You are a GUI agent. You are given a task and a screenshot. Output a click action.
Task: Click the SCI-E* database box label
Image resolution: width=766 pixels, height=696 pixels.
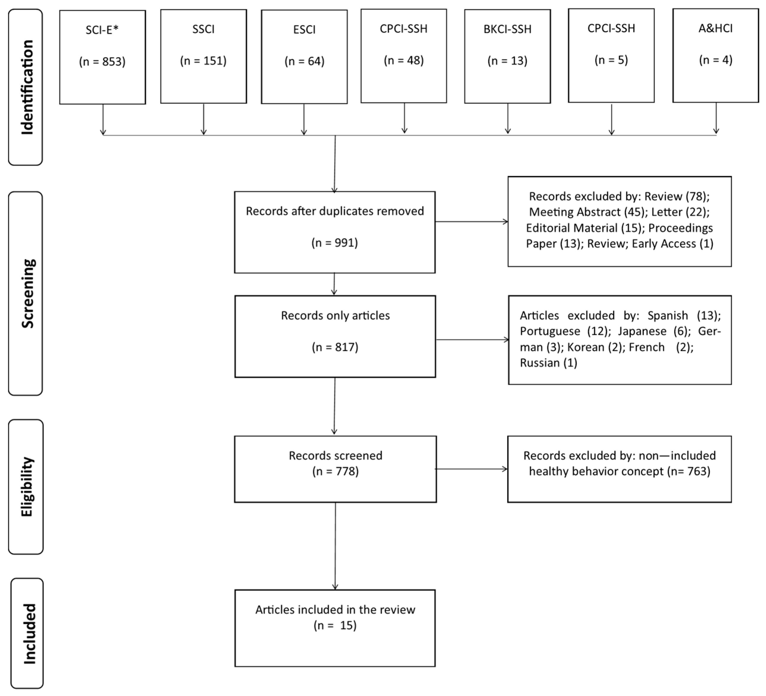tap(102, 30)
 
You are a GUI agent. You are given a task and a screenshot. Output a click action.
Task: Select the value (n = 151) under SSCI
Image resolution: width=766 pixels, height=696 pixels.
tap(203, 61)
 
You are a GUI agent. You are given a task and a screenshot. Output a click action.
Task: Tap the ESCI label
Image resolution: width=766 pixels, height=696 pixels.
tap(304, 30)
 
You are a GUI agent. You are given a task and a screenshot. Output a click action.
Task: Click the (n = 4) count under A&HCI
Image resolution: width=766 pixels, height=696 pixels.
tap(716, 60)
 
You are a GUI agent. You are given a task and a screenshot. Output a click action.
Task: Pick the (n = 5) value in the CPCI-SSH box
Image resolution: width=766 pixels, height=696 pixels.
tap(611, 60)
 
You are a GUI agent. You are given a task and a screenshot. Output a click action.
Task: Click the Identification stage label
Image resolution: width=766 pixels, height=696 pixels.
tap(27, 87)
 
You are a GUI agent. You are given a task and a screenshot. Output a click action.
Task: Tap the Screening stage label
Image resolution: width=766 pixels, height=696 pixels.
tap(28, 293)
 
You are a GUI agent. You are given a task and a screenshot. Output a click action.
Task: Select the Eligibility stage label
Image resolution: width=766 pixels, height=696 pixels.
tap(27, 487)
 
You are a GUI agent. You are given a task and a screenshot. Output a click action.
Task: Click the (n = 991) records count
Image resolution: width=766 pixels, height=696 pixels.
tap(334, 243)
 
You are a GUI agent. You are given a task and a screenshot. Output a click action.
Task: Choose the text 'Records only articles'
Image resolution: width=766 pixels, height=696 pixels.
tap(335, 316)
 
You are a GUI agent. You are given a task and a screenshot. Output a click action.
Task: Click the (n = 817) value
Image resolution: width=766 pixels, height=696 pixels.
tap(335, 347)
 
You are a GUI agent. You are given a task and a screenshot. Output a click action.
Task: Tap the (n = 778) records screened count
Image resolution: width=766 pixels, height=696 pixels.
tap(335, 472)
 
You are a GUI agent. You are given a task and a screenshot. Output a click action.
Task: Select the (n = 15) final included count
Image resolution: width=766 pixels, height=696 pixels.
tap(335, 625)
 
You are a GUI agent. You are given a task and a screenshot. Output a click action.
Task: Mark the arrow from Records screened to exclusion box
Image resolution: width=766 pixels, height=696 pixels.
tap(471, 469)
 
